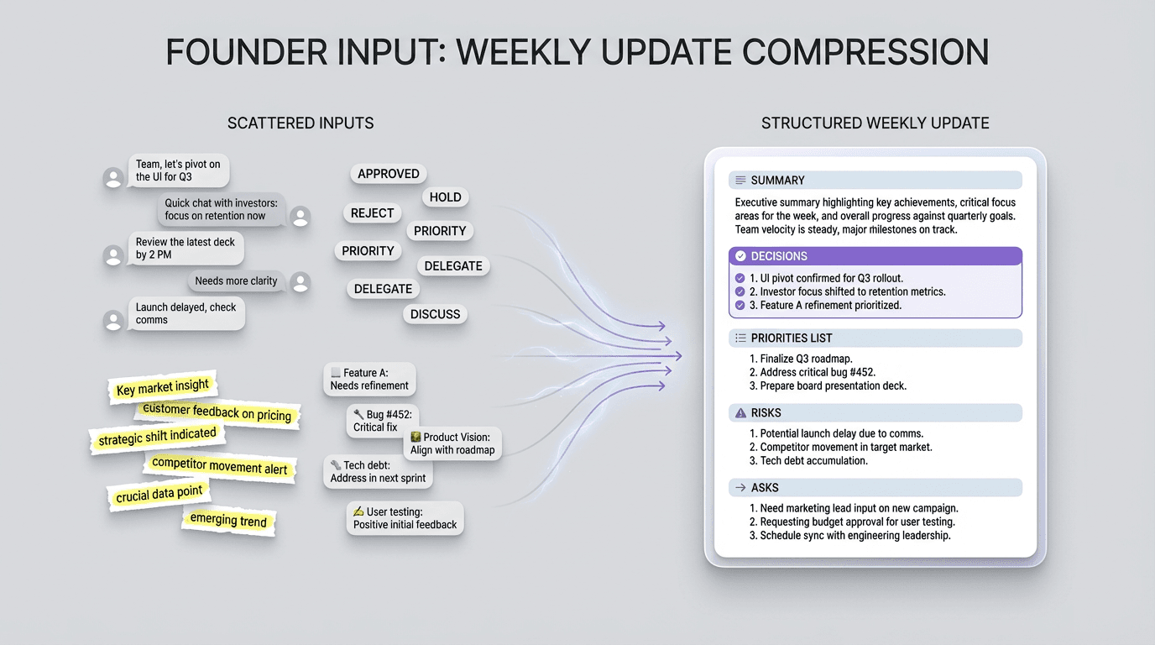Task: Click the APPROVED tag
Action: [388, 174]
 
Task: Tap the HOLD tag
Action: [445, 197]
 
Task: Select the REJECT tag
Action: [372, 213]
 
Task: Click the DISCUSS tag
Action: [435, 314]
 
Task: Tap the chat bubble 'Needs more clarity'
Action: [236, 281]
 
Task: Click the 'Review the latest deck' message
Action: [186, 249]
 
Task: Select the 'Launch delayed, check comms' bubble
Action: [186, 313]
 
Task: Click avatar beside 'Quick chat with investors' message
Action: [301, 217]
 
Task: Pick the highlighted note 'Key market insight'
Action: [163, 387]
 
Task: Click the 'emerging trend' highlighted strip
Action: [228, 521]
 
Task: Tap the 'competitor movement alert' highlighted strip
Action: [219, 467]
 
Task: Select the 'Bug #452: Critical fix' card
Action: [381, 421]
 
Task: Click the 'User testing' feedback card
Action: [405, 518]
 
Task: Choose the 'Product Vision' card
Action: [452, 443]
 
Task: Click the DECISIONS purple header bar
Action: [875, 256]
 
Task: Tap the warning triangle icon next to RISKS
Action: [740, 413]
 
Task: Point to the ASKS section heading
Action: [764, 488]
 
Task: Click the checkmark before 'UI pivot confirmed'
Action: [740, 279]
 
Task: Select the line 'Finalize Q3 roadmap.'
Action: [794, 359]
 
